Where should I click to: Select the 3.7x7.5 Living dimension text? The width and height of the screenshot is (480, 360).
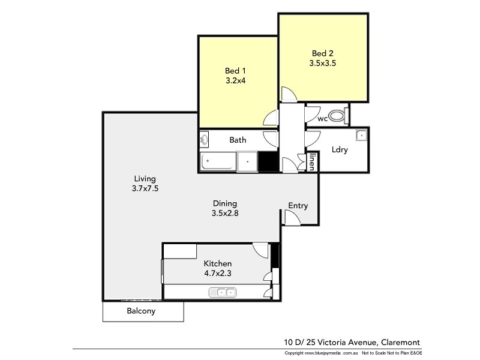click(145, 188)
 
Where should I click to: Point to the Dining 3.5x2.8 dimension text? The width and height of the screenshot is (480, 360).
click(225, 212)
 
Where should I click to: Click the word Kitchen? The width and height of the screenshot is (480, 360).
click(217, 263)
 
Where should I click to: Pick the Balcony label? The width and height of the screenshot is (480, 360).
click(141, 311)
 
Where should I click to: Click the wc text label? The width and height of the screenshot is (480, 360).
click(322, 119)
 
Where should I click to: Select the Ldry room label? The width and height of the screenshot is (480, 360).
click(340, 150)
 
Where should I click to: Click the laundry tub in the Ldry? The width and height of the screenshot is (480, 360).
click(361, 135)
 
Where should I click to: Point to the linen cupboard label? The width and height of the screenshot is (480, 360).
click(312, 163)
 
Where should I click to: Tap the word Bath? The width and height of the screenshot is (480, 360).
click(238, 140)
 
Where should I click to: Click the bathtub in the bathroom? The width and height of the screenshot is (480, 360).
click(218, 161)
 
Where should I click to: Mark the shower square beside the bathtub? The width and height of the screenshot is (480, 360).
click(247, 161)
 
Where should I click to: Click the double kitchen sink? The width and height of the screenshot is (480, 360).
click(223, 292)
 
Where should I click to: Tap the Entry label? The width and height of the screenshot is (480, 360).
click(298, 206)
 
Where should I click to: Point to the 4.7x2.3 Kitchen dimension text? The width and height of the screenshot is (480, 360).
click(217, 273)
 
